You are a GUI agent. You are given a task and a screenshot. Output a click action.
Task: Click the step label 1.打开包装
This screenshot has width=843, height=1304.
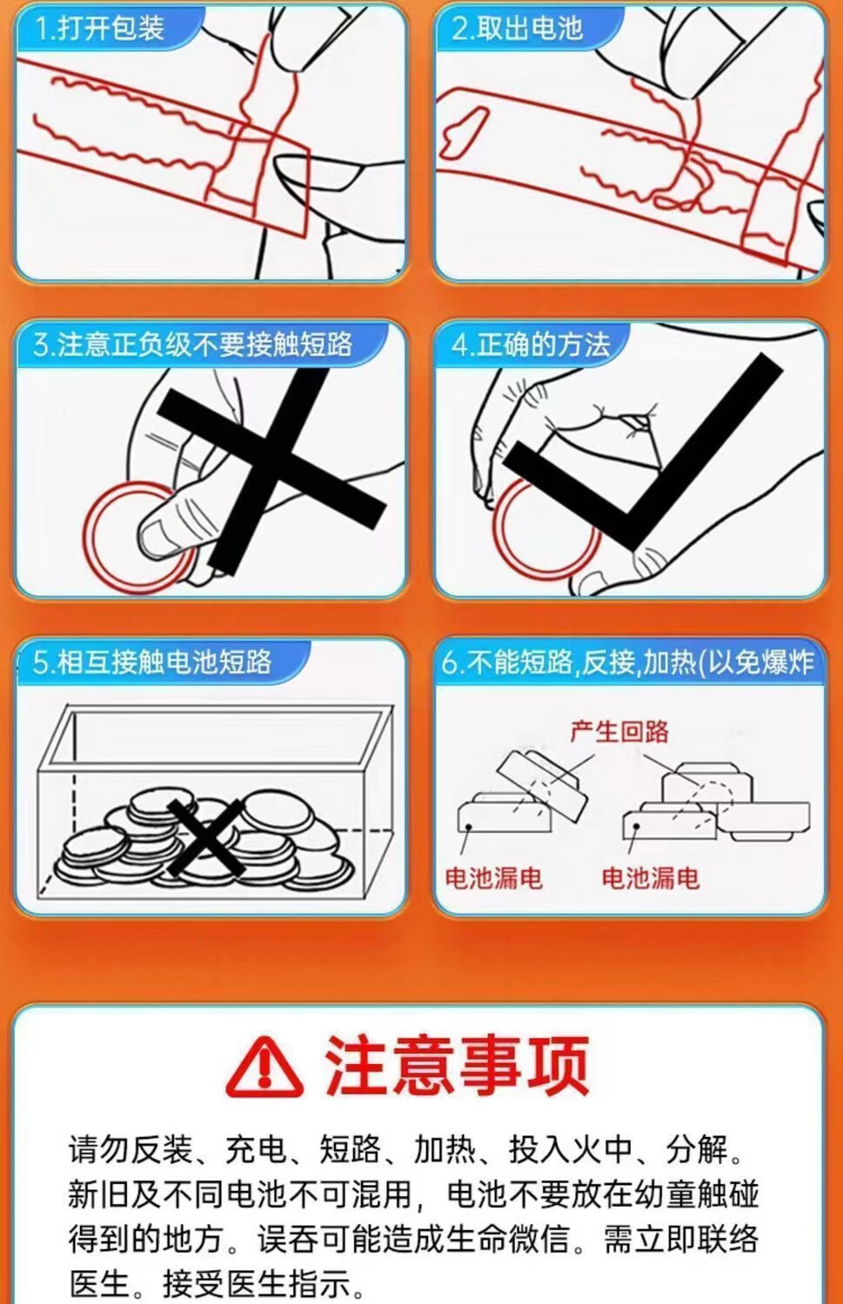pyautogui.click(x=100, y=28)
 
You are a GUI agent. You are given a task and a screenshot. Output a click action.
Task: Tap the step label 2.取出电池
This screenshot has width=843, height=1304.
pyautogui.click(x=518, y=28)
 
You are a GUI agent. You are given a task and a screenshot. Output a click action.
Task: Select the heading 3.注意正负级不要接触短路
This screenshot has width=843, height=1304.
pyautogui.click(x=193, y=344)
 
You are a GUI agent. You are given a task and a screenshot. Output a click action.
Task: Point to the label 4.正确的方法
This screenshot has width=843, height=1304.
pyautogui.click(x=531, y=344)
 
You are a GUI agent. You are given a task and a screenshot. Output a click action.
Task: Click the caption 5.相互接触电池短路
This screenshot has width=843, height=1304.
pyautogui.click(x=152, y=662)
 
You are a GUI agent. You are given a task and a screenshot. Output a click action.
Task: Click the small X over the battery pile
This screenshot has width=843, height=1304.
pyautogui.click(x=205, y=838)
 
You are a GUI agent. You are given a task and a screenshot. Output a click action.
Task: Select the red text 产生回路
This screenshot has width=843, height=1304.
pyautogui.click(x=619, y=731)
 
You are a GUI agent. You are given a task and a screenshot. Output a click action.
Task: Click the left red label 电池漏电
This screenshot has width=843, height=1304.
pyautogui.click(x=493, y=878)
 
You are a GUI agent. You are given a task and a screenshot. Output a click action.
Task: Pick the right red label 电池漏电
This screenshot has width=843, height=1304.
pyautogui.click(x=650, y=878)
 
